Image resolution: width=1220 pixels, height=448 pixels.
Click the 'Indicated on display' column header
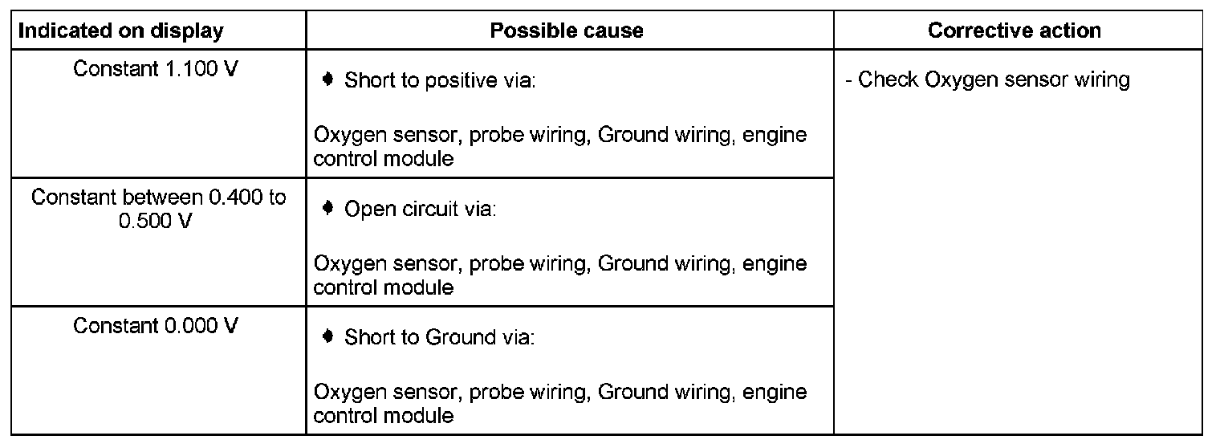120,31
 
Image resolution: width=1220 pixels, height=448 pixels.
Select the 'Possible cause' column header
567,31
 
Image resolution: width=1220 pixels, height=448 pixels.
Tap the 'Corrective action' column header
1014,31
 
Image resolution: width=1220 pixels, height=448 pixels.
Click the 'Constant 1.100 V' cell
156,69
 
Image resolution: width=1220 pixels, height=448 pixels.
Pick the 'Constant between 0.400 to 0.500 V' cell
158,209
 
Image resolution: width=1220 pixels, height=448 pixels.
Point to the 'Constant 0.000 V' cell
156,326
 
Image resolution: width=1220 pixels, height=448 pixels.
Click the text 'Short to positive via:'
439,81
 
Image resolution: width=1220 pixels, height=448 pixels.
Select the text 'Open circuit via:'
421,210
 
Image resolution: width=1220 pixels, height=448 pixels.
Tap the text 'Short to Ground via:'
439,338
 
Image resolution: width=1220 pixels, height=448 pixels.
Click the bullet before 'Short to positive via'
327,80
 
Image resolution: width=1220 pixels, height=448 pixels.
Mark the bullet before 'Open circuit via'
327,209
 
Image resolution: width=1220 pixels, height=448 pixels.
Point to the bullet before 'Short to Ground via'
327,337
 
